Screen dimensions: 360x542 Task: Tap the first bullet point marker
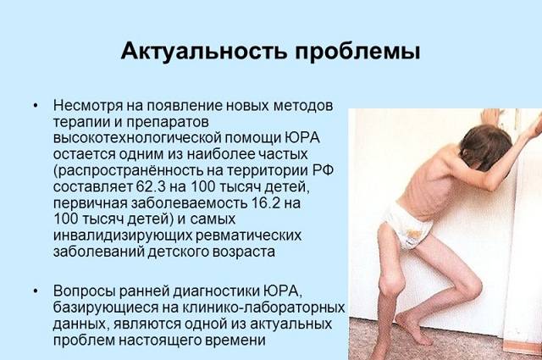click(x=36, y=106)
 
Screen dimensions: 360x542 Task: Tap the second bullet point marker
click(x=36, y=290)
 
